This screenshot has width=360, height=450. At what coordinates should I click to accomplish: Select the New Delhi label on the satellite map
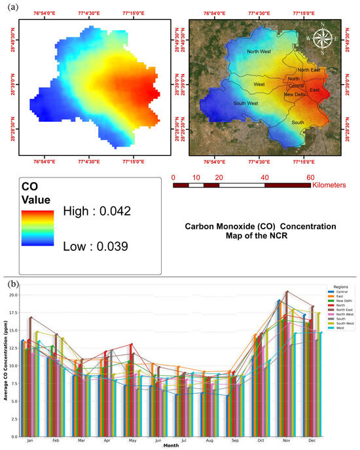296,94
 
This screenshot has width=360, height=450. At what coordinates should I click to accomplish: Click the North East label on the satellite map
310,70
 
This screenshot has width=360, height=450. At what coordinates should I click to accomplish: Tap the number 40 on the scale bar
264,177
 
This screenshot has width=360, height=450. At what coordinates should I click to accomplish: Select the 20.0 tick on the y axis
14,295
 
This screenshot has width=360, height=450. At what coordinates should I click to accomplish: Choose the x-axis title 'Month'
171,446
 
